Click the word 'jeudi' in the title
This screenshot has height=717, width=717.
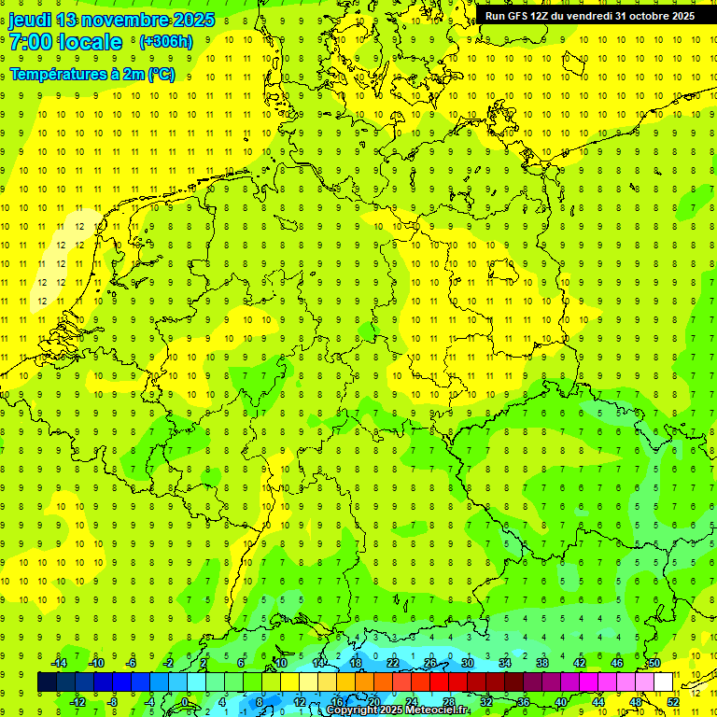pos(29,21)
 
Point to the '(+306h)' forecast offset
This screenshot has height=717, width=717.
pos(165,42)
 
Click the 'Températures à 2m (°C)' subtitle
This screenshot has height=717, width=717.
pos(91,75)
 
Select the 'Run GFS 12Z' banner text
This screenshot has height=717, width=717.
pos(517,16)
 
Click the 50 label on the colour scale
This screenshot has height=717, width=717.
pos(654,663)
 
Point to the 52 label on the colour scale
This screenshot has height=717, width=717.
pos(673,701)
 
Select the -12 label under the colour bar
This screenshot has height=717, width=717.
pos(77,701)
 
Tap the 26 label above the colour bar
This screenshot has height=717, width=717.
pos(430,663)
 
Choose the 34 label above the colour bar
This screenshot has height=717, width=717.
pos(505,663)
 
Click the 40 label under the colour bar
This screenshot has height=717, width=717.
pos(561,701)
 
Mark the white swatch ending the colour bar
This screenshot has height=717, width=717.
pos(663,682)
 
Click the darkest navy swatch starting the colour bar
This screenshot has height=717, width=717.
pos(47,682)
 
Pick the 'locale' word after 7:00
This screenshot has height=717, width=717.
pos(90,42)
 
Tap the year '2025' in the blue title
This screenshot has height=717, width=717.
pos(192,21)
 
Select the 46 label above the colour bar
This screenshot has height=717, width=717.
pos(617,663)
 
